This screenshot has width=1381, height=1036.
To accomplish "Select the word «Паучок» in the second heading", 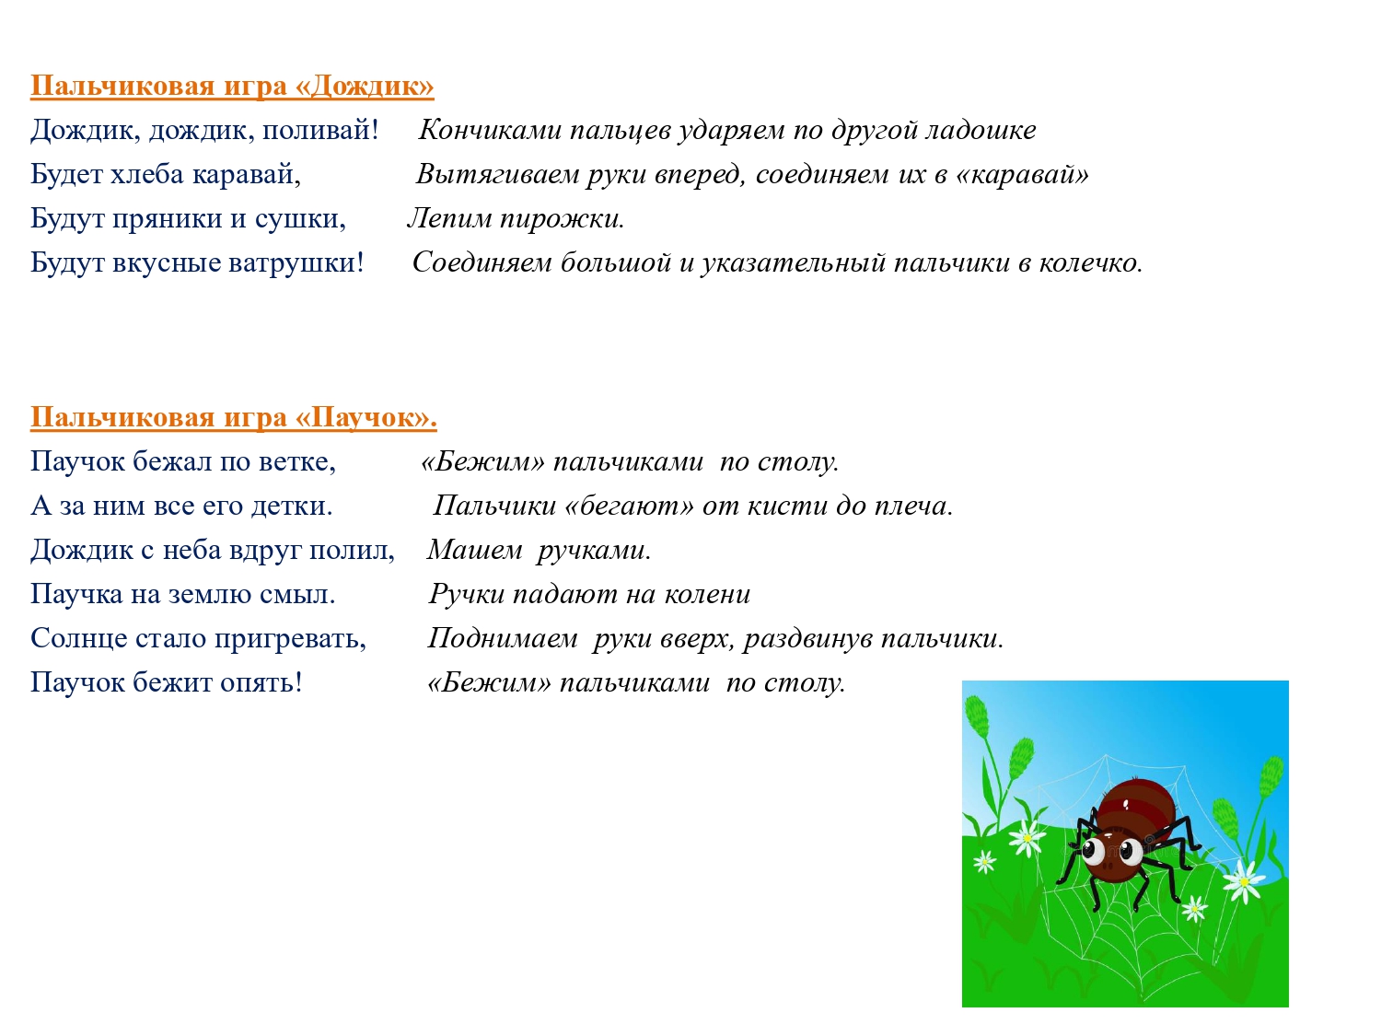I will pos(366,417).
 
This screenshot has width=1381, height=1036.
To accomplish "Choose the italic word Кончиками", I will pos(490,130).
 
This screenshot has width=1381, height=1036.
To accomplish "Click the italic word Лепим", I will pos(450,218).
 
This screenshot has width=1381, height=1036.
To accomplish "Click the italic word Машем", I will pos(474,550).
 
